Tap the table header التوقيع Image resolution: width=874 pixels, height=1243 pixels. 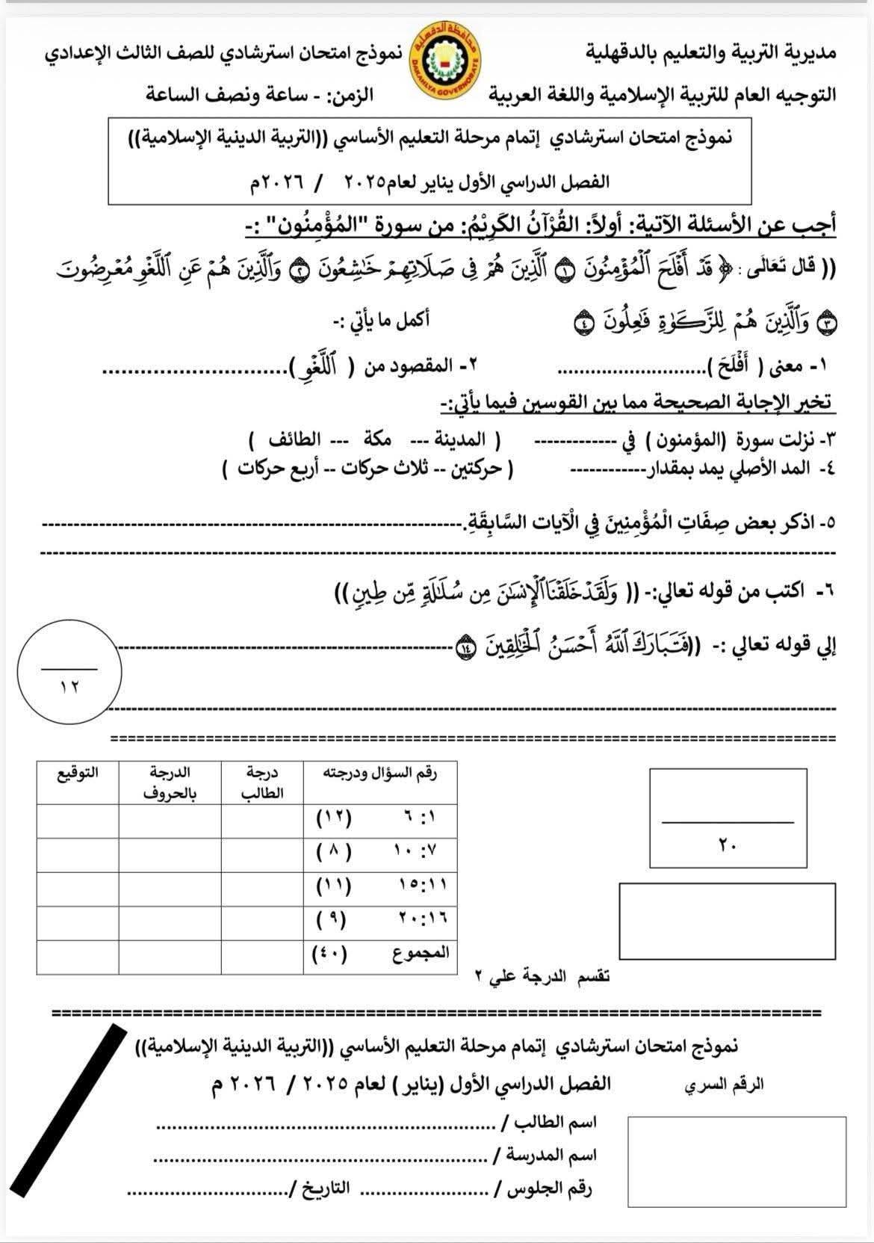pos(78,772)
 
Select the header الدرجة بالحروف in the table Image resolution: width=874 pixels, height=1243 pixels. pos(170,782)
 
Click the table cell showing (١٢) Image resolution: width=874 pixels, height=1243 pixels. pos(333,817)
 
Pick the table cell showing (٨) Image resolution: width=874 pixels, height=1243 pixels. pos(333,851)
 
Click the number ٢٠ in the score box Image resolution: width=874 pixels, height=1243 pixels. pos(728,845)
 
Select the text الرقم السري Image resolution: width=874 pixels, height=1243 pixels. pos(724,1085)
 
